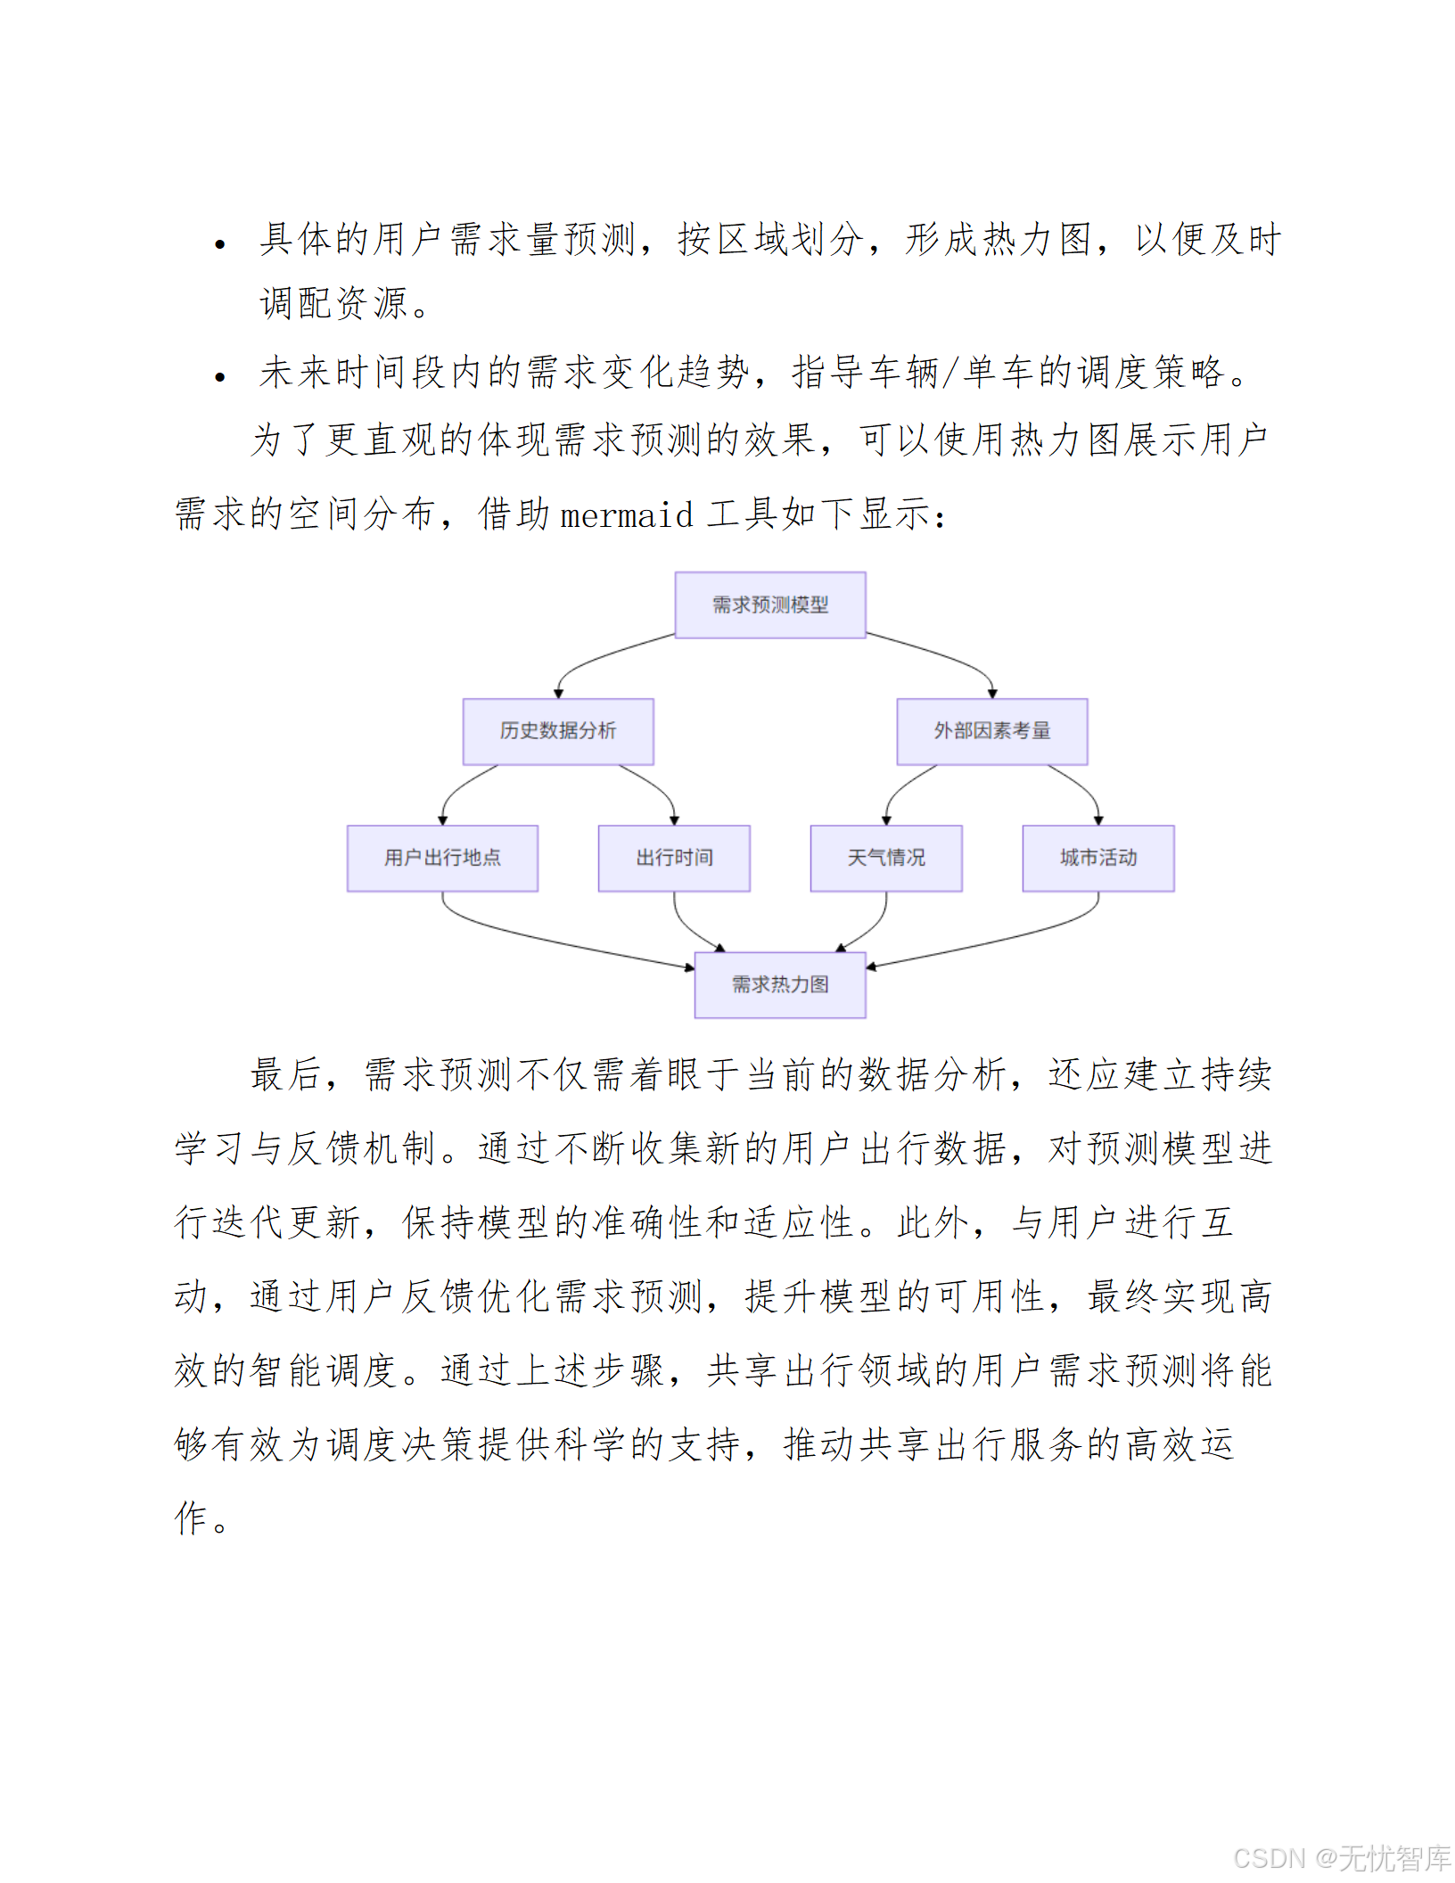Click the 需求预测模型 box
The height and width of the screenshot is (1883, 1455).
[x=769, y=605]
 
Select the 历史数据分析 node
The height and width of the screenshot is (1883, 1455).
[x=558, y=731]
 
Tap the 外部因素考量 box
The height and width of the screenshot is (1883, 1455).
[x=991, y=731]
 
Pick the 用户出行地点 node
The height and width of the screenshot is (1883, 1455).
[x=442, y=858]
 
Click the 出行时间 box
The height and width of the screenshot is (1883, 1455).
[x=674, y=858]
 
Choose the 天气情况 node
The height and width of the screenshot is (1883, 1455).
[x=885, y=858]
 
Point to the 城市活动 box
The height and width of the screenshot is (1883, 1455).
[x=1097, y=858]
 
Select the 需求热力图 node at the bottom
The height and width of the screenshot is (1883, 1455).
[x=780, y=984]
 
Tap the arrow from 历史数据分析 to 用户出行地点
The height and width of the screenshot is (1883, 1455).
[x=459, y=789]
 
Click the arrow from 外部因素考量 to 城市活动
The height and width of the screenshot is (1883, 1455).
[x=1083, y=788]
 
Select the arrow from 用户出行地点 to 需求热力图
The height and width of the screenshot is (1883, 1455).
[x=553, y=941]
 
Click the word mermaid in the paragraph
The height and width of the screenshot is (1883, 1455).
[x=626, y=515]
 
